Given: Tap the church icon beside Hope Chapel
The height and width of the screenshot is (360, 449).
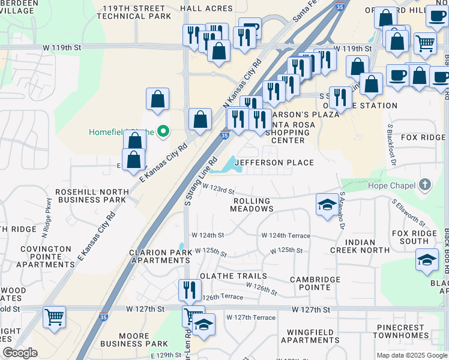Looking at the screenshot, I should pos(425,185).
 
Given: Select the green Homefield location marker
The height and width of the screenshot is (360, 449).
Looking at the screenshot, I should pos(163,132).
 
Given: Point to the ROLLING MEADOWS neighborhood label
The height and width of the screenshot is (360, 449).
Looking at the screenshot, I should pos(252,205).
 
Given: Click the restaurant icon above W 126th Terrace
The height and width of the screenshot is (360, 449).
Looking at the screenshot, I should pos(190,290).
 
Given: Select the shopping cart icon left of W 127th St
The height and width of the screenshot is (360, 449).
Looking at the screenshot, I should pos(54,316).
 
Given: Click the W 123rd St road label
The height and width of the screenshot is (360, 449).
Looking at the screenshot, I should pos(218,189).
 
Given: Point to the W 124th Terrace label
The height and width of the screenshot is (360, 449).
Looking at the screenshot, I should pos(285,236).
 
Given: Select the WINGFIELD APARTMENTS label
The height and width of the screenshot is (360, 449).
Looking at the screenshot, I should pos(309,336).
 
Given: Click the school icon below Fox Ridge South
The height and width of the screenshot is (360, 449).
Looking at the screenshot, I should pos(426,260).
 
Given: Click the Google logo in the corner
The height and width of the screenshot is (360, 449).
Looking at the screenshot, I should pos(20,353).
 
